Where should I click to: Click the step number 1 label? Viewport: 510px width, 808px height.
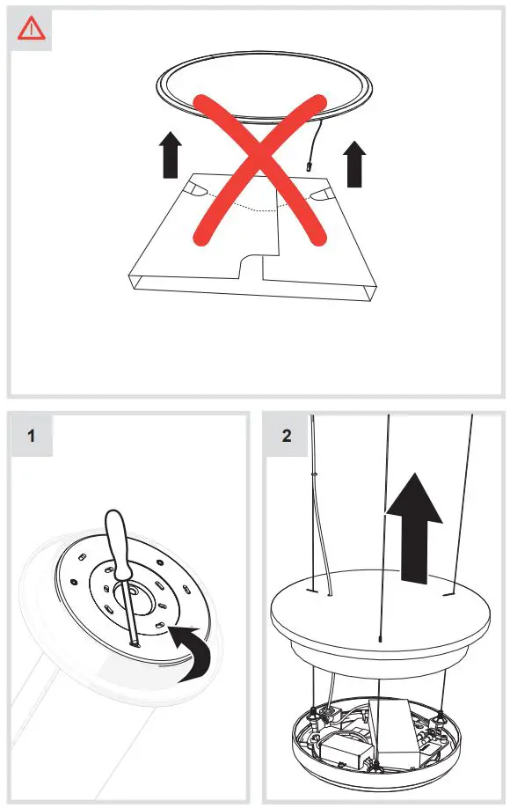(33, 436)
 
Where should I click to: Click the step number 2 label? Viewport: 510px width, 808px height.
(288, 436)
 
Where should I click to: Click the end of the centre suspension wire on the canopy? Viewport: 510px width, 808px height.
(379, 639)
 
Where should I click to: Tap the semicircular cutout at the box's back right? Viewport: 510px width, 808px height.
(323, 191)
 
